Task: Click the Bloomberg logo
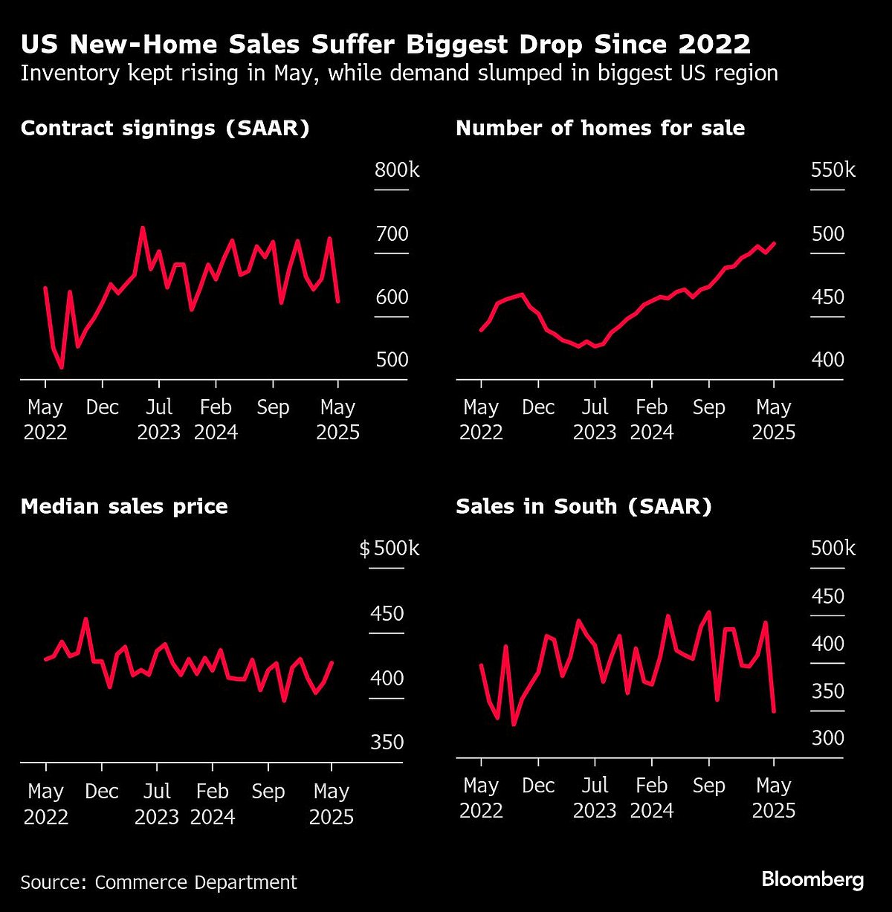point(812,880)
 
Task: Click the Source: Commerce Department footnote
point(158,882)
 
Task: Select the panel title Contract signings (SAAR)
point(165,129)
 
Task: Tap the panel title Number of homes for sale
point(600,129)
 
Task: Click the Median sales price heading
point(124,507)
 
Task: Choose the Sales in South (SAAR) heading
point(584,507)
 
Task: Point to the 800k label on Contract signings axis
point(397,170)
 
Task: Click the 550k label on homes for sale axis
point(833,170)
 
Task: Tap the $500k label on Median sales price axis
point(390,549)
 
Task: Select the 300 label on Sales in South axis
point(827,738)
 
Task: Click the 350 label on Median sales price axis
point(387,742)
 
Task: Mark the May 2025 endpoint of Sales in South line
point(775,711)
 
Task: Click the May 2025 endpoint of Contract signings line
point(339,301)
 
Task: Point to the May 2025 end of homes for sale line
point(775,243)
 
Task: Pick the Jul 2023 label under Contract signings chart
point(158,419)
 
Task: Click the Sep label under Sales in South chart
point(708,786)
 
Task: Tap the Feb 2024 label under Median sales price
point(213,804)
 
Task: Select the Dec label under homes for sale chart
point(538,407)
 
